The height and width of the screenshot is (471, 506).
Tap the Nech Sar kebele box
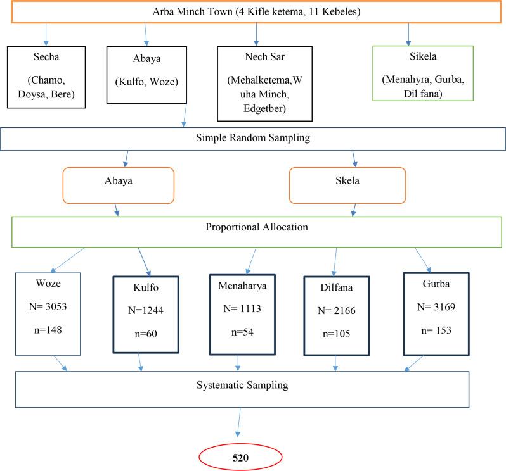pos(256,83)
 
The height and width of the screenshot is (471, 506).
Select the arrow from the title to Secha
pos(46,33)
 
